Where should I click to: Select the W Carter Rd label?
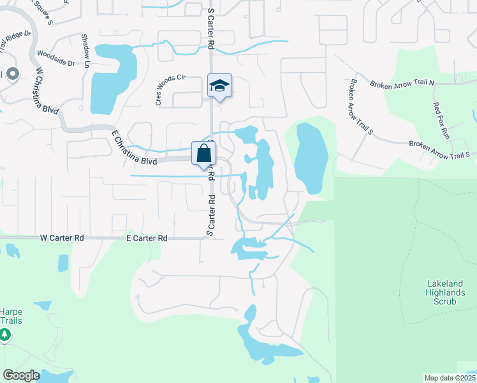[x=62, y=237]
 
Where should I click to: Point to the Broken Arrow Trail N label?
[x=403, y=83]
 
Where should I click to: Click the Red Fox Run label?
[x=441, y=121]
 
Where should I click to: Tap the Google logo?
[x=21, y=375]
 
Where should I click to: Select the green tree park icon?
[x=4, y=334]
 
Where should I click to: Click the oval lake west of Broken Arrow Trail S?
[x=311, y=157]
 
